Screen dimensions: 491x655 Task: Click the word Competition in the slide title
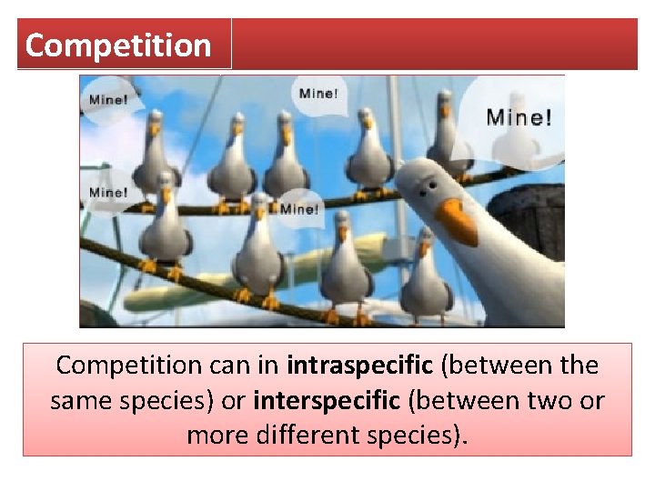click(118, 45)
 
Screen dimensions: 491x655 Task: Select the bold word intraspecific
click(359, 366)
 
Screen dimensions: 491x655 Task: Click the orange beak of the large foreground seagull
click(455, 221)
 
